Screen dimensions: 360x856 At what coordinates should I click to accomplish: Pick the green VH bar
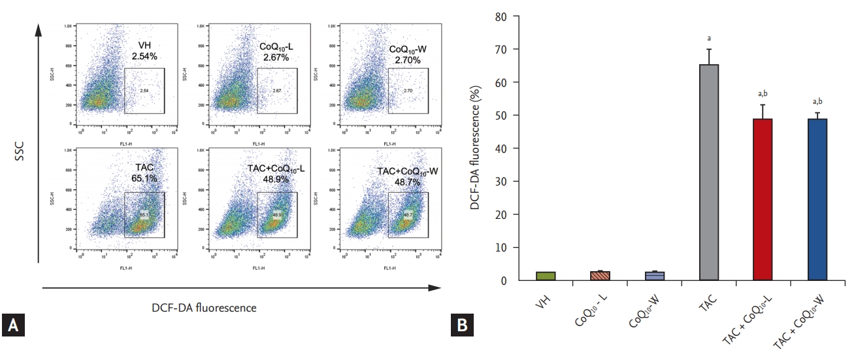pyautogui.click(x=546, y=276)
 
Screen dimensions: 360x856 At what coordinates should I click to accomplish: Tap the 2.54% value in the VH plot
pyautogui.click(x=144, y=56)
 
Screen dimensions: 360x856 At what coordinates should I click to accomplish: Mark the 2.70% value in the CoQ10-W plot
pyautogui.click(x=408, y=59)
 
